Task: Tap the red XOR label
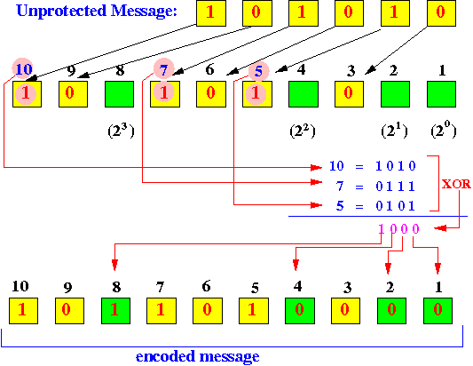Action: pos(456,184)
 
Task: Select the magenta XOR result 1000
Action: pos(398,229)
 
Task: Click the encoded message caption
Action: pos(198,356)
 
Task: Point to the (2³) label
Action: pos(121,131)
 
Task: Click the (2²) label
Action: pos(303,131)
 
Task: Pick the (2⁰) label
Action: pos(444,131)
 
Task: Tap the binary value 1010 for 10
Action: pos(396,166)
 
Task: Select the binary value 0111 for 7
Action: pos(396,187)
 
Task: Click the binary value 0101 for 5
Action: pos(396,206)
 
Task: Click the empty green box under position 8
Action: pos(120,94)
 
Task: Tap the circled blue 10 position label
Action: pos(22,69)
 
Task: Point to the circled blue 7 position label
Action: pos(164,70)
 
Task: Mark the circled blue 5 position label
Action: pos(258,71)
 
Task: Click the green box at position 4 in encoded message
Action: pos(300,311)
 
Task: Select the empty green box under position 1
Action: pos(441,94)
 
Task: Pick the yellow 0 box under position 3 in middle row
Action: pos(349,94)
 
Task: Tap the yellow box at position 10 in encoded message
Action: pos(24,311)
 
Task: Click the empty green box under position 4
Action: pos(304,94)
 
